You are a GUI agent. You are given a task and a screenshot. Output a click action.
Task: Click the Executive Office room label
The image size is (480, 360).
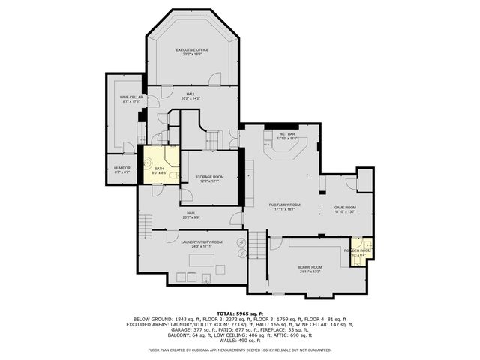coord(192,50)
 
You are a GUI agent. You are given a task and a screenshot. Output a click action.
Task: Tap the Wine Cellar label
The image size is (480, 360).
coord(131,97)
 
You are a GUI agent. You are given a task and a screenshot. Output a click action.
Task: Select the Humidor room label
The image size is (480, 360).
coord(122,168)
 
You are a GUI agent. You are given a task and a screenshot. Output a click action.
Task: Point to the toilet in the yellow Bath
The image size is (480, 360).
coord(173,176)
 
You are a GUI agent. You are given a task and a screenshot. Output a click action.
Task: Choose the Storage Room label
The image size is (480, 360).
coord(210,177)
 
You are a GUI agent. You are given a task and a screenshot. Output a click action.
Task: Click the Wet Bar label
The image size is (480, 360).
coord(287,134)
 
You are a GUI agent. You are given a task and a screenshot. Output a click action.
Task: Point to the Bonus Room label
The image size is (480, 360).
coord(310,267)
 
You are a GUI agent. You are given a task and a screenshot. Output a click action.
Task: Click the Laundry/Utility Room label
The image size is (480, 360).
coord(202,241)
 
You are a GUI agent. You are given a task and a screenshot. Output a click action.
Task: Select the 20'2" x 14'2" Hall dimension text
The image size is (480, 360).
coord(192,98)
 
